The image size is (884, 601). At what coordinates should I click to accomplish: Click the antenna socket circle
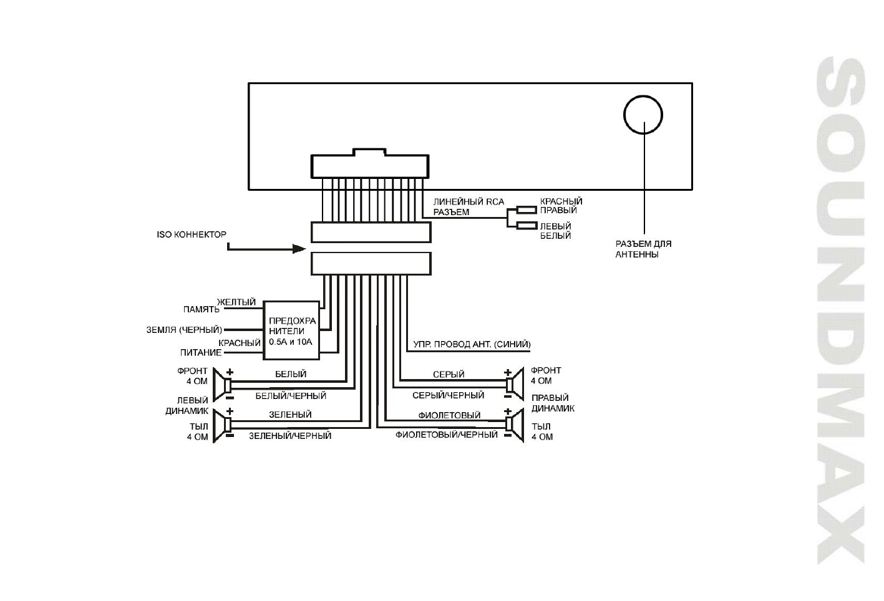(643, 115)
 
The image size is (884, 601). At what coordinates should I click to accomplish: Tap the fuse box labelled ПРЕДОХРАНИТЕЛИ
(291, 330)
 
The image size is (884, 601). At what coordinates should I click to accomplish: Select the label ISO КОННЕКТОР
(192, 234)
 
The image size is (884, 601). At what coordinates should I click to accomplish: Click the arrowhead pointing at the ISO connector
(299, 249)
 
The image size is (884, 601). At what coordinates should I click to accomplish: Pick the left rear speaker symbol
(221, 425)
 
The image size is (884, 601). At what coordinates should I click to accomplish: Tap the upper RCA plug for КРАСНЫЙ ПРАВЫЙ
(527, 211)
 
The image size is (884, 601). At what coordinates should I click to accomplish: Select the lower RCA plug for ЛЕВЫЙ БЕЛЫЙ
(527, 226)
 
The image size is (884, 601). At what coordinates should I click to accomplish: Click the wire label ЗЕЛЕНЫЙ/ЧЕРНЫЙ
(290, 436)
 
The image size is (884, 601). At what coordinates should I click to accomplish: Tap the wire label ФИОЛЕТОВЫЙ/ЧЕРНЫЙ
(447, 435)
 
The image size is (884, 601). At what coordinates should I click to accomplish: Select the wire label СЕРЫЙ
(449, 375)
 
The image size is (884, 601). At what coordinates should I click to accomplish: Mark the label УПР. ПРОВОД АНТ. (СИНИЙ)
(472, 344)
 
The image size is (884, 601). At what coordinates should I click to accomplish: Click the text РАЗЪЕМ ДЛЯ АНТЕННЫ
(643, 249)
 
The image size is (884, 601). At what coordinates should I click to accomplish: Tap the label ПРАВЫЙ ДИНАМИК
(553, 403)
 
